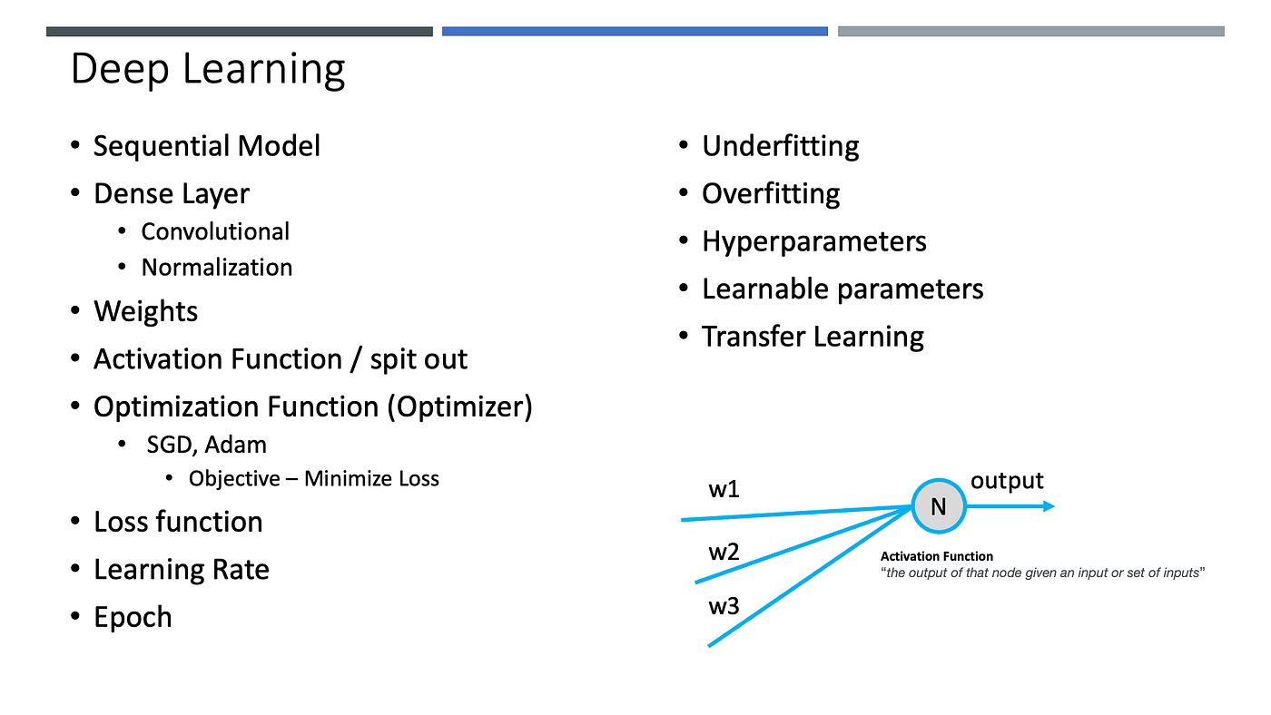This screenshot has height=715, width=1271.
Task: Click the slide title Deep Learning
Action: [x=208, y=70]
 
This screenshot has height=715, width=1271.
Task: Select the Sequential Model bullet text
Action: [x=207, y=146]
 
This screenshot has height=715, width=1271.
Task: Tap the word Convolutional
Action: [x=215, y=231]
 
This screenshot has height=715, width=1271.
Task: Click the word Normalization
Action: [x=217, y=268]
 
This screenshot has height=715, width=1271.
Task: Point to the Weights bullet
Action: [x=145, y=312]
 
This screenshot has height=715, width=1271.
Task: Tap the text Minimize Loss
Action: [x=371, y=478]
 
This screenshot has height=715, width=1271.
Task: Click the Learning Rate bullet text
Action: [x=182, y=570]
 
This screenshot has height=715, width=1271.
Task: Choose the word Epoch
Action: [x=133, y=617]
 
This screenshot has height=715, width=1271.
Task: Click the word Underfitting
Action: [x=780, y=146]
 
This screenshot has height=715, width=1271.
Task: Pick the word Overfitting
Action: [x=771, y=194]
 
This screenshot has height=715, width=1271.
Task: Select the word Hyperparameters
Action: [x=813, y=241]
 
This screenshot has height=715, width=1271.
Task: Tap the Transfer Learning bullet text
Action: [x=813, y=337]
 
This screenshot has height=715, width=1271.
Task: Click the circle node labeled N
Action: [x=939, y=506]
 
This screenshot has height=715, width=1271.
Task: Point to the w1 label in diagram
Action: [x=724, y=490]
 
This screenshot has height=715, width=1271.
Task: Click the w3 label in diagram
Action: [x=724, y=606]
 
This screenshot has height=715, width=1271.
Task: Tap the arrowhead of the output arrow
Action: [x=1049, y=506]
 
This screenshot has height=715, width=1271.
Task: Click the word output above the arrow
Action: [x=1007, y=480]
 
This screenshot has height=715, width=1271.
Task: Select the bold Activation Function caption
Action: [x=937, y=556]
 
